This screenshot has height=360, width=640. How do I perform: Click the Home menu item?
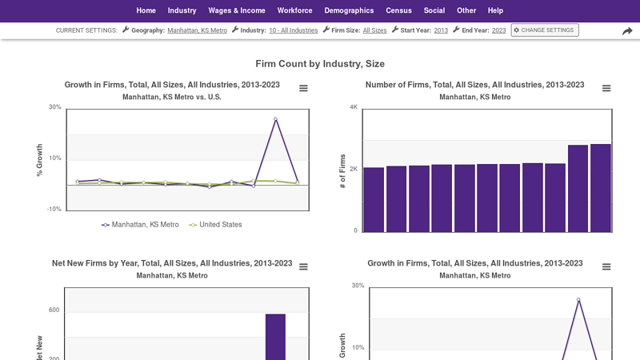[146, 10]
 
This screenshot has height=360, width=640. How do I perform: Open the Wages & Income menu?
[237, 10]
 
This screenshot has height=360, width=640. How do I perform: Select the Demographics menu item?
[349, 10]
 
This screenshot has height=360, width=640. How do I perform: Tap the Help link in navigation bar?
[495, 10]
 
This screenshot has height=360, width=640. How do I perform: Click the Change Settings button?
[545, 30]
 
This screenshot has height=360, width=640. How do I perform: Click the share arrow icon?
[627, 31]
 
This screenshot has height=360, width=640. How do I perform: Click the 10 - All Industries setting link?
[293, 30]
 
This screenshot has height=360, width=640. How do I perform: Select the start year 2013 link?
[441, 30]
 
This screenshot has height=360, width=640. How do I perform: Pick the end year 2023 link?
[498, 30]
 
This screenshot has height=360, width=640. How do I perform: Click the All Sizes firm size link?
[374, 30]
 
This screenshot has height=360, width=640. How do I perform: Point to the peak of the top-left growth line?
[275, 119]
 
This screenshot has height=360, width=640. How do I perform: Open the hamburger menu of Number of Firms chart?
[606, 89]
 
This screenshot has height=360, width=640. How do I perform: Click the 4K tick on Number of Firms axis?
[354, 107]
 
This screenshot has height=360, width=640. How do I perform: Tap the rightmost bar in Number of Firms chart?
[600, 188]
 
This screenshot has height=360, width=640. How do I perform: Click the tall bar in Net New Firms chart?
[275, 336]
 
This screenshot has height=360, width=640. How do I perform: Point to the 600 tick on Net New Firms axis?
[54, 310]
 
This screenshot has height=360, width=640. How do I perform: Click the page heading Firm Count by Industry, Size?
[320, 64]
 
